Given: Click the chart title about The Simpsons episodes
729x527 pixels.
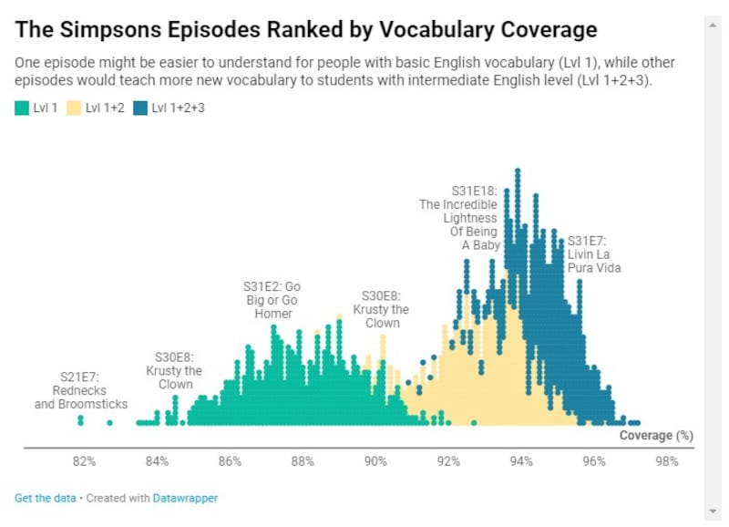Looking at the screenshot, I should tap(306, 30).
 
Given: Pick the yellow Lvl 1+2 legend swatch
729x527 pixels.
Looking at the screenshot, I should tap(75, 108).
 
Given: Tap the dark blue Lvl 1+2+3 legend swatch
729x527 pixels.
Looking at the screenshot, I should tap(139, 108).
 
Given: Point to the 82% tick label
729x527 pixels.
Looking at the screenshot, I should tap(85, 461).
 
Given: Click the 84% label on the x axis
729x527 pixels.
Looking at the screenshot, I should tap(158, 461).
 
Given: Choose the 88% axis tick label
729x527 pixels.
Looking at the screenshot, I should tap(303, 461).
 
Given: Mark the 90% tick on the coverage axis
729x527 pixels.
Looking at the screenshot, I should tap(375, 461).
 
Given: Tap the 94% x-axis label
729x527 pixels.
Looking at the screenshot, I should tap(521, 461).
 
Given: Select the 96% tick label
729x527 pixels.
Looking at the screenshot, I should tap(594, 461).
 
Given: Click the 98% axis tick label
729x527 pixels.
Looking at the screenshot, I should tap(666, 461).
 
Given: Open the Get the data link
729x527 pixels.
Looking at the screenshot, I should tap(45, 498).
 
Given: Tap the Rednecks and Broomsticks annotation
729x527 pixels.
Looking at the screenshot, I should tap(80, 390).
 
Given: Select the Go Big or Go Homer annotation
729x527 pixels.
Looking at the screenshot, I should tap(272, 300).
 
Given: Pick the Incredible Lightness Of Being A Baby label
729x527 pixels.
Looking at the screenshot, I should tap(459, 218).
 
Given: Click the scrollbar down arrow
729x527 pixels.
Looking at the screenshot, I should tap(714, 511).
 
